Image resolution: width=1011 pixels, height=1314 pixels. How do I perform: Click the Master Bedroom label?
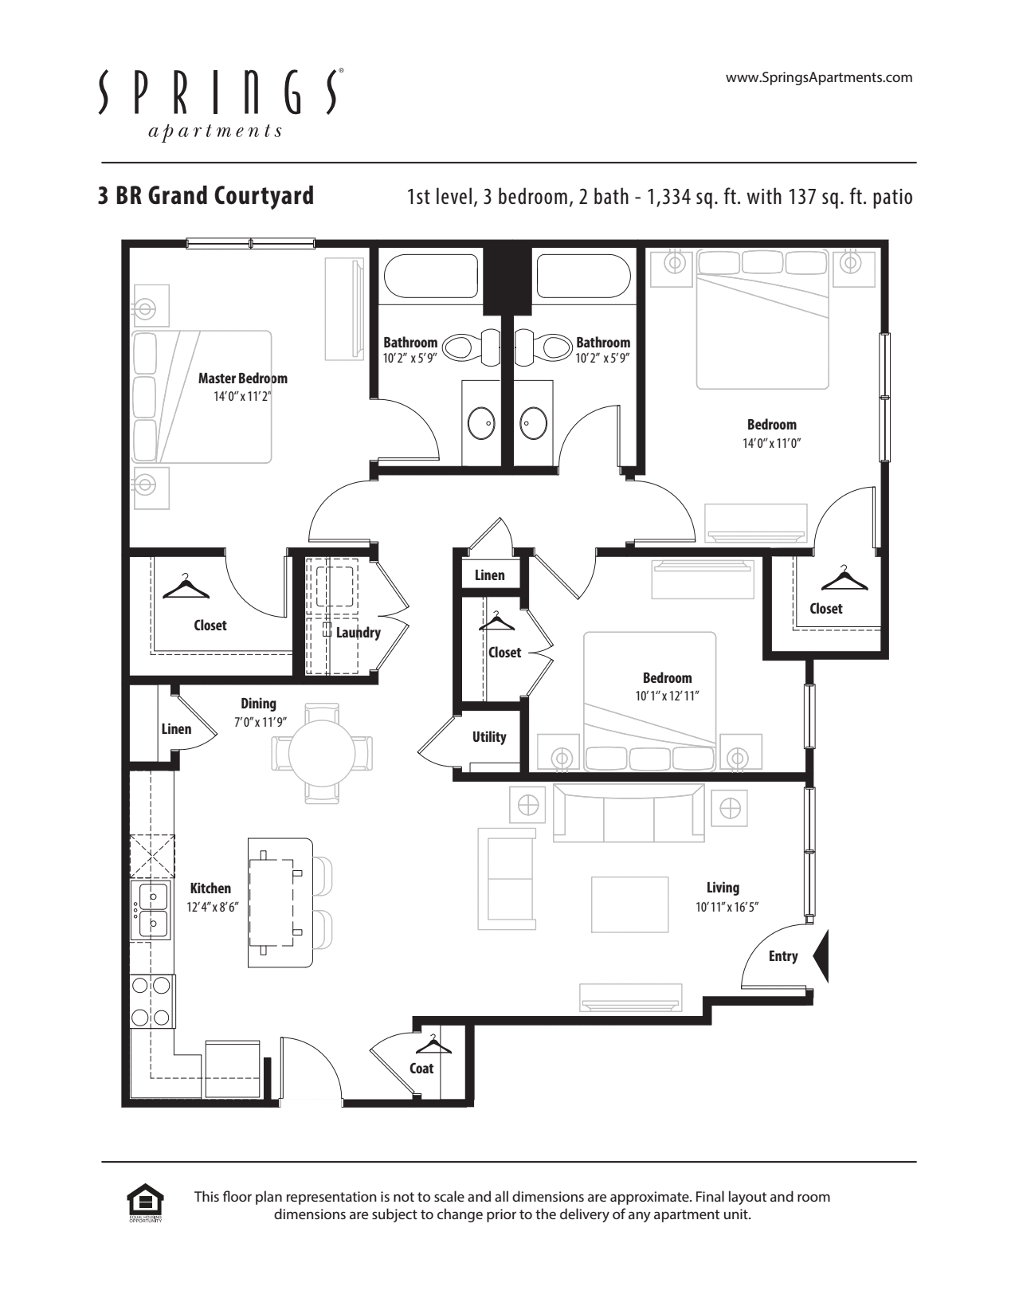coord(242,379)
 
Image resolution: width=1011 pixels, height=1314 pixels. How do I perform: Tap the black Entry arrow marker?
coord(821,955)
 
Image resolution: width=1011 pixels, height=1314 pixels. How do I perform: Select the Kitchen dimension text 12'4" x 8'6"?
coord(213,907)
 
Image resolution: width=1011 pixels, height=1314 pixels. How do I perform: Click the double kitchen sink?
coord(152,910)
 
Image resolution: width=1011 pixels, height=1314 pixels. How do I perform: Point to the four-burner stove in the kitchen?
coord(151,1001)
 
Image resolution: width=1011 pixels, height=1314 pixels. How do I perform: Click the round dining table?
coord(322,753)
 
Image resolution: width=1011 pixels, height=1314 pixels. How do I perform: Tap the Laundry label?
coord(358,633)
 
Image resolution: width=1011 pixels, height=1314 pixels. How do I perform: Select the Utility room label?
coord(488,737)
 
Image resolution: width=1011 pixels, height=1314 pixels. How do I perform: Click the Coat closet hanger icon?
coord(433,1043)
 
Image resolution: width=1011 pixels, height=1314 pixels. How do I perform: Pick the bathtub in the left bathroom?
coord(430,276)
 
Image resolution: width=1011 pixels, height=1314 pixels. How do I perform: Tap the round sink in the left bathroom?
coord(481,423)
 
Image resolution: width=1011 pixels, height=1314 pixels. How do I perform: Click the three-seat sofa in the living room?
coord(628,814)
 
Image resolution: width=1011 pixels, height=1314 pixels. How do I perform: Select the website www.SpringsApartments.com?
coord(819,77)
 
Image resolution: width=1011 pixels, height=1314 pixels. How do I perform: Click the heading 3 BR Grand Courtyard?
coord(206,195)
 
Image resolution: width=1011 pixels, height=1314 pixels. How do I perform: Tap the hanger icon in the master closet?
coord(186,587)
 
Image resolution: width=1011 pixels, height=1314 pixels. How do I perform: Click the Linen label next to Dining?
coord(176,729)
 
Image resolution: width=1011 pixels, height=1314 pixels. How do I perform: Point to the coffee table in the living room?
coord(629,904)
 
